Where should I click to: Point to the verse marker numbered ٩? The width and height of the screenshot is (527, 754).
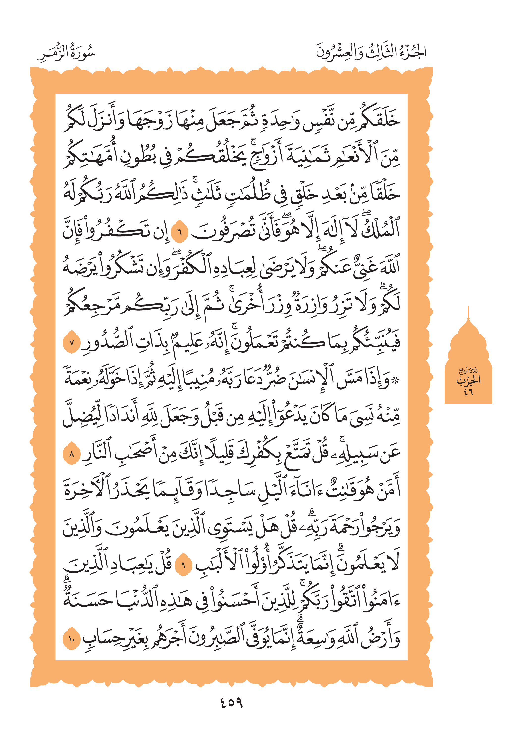pos(183,565)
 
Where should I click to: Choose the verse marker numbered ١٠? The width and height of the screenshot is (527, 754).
pos(72,639)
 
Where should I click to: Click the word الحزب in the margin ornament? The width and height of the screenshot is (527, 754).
pos(468,380)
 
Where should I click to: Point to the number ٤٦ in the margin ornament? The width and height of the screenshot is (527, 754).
pos(468,392)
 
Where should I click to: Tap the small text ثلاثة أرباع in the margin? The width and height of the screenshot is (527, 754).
pos(468,371)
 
